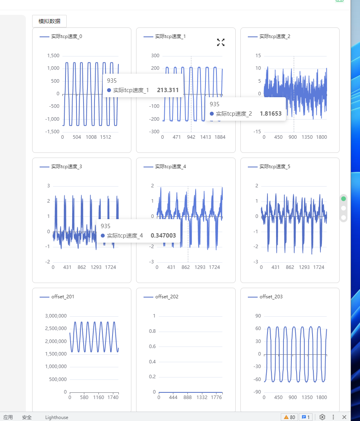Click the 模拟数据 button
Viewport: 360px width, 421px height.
pos(49,21)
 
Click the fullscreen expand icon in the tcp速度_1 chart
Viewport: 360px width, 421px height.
pos(221,42)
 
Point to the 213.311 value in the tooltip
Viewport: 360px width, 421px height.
pos(168,90)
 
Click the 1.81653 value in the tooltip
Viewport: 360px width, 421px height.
pos(271,114)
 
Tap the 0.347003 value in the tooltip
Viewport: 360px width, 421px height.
pos(163,236)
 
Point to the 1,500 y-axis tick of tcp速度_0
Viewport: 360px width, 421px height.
pos(53,56)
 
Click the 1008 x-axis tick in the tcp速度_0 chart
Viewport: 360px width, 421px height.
pos(91,137)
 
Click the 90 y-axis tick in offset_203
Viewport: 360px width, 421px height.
pos(258,316)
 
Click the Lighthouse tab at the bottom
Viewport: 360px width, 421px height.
pos(56,417)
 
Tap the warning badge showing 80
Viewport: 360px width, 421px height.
pos(289,417)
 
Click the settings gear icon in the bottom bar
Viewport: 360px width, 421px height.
pos(322,417)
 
